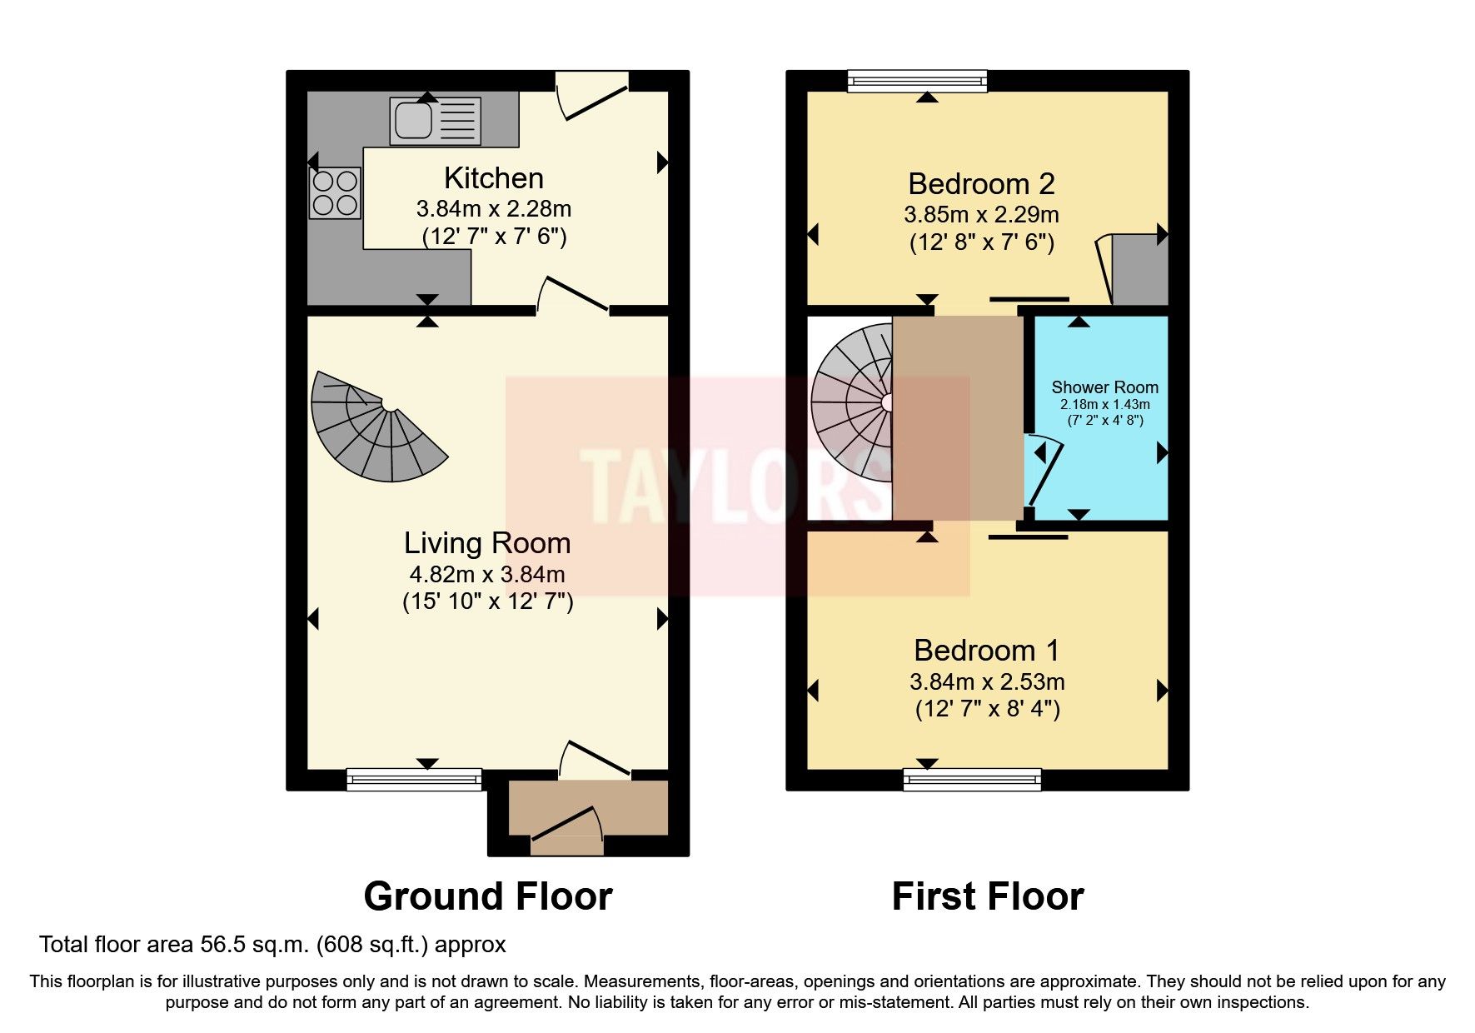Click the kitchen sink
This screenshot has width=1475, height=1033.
click(x=434, y=121)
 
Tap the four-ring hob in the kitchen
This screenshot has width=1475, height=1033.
click(x=335, y=193)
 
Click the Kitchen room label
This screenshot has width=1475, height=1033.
click(x=493, y=178)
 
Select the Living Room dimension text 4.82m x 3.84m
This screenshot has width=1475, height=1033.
click(x=487, y=574)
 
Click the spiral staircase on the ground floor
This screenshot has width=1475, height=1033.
click(x=375, y=429)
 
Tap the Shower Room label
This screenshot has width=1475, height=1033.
click(x=1104, y=387)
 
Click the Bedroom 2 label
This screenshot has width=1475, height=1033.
click(x=981, y=183)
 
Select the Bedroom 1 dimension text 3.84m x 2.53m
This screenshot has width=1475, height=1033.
click(x=987, y=681)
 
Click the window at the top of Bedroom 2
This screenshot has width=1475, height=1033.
click(x=917, y=81)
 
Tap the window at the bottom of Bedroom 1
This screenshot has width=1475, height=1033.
click(x=972, y=780)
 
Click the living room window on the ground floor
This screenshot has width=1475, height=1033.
click(x=414, y=780)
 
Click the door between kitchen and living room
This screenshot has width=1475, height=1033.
click(x=573, y=296)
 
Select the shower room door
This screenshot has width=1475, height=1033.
click(x=1046, y=475)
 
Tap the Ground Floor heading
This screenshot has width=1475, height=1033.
click(x=488, y=897)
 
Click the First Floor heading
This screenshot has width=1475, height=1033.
click(x=987, y=897)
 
